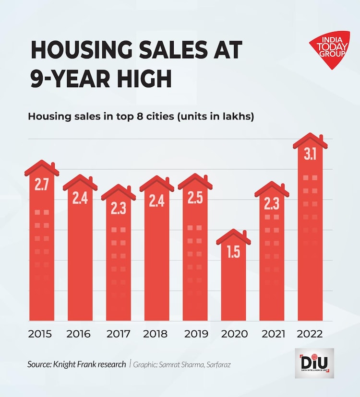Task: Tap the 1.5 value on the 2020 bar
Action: point(233,252)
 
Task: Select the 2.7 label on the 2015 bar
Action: point(42,185)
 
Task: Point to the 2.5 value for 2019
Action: point(195,198)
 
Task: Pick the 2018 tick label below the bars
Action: point(156,334)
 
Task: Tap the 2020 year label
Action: point(233,334)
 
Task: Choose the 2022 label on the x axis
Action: point(310,334)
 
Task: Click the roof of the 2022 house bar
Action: point(310,140)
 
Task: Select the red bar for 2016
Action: point(80,259)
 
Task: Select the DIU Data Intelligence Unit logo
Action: point(314,363)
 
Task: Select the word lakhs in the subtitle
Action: point(237,117)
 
